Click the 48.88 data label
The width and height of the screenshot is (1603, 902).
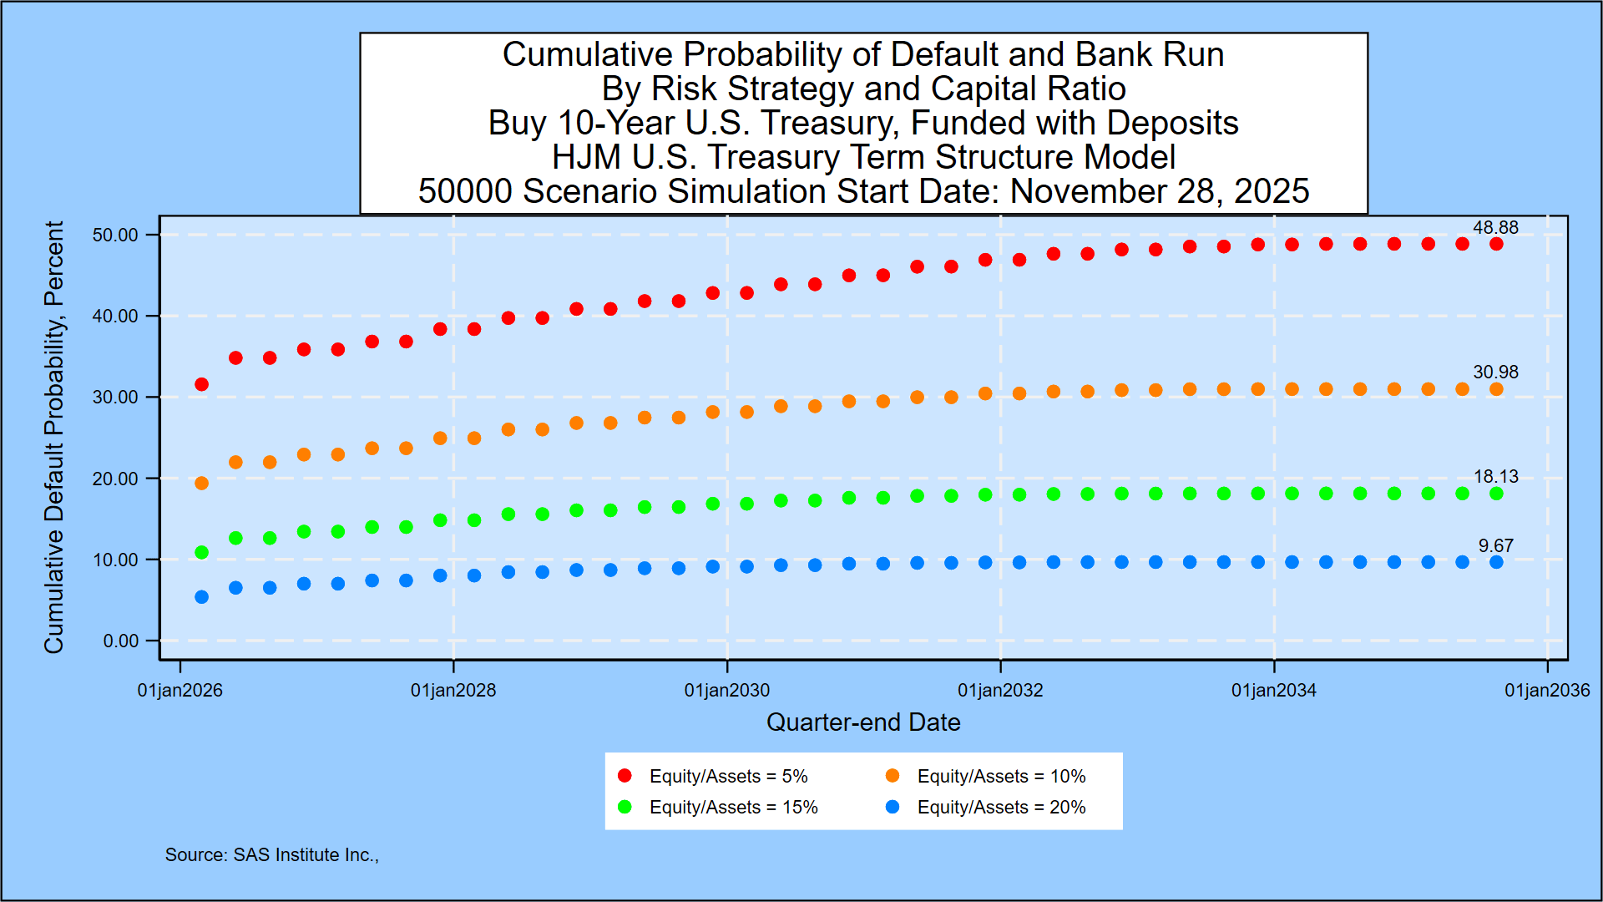coord(1495,227)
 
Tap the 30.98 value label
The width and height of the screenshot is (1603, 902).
coord(1495,372)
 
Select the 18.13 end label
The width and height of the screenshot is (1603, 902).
coord(1495,476)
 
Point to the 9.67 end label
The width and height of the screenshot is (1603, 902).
coord(1495,545)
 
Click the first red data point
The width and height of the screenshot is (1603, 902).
coord(201,384)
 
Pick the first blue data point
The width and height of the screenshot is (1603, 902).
coord(201,596)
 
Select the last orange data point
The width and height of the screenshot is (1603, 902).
coord(1496,389)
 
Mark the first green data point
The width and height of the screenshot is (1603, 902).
coord(201,552)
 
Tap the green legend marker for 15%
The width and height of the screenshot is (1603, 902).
coord(625,807)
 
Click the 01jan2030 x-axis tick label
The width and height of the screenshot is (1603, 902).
coord(726,690)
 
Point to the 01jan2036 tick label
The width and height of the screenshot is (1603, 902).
coord(1547,690)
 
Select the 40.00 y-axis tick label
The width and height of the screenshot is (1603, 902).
coord(115,316)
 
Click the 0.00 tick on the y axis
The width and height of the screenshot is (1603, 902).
coord(121,641)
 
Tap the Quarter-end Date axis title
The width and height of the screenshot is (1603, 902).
coord(863,722)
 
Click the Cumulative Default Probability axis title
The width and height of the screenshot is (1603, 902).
coord(53,437)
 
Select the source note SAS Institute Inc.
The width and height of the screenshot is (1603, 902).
coord(271,854)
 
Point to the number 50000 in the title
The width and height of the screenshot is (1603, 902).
coord(465,191)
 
